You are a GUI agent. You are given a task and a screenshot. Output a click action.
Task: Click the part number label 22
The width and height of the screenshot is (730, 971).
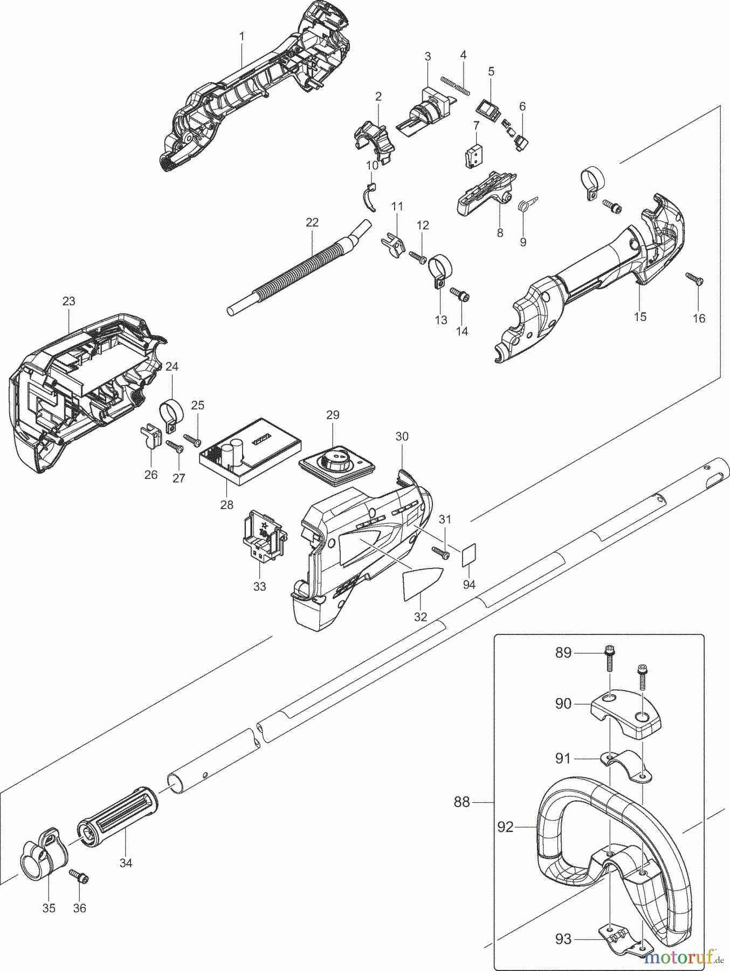pos(312,222)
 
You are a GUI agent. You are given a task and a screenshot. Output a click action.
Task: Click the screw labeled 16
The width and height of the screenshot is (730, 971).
pos(694,278)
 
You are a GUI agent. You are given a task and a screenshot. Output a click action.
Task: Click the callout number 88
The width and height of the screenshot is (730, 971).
pos(462,803)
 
